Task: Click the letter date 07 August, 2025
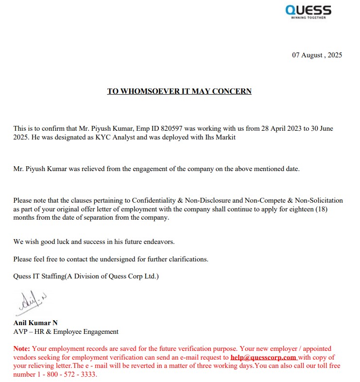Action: click(x=317, y=55)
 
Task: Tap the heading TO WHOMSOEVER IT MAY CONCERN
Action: click(x=179, y=91)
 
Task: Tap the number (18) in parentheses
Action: click(x=333, y=209)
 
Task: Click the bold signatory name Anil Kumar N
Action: click(x=35, y=322)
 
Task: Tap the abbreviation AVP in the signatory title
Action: click(x=20, y=331)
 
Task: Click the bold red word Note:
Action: click(x=22, y=348)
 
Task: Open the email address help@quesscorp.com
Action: click(x=263, y=357)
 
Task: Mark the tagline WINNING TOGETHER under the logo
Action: click(x=308, y=17)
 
